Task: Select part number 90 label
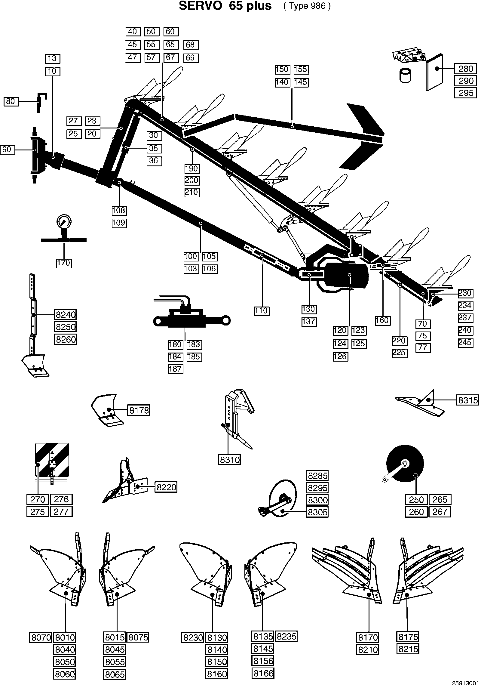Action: point(7,149)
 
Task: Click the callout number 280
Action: point(466,69)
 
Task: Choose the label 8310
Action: point(229,460)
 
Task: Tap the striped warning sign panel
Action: point(52,460)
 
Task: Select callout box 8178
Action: point(139,410)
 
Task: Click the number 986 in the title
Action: point(318,6)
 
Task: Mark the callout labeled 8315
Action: point(467,400)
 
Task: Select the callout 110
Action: point(262,311)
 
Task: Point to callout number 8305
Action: point(317,512)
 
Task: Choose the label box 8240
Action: point(65,315)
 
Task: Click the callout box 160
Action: point(383,320)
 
